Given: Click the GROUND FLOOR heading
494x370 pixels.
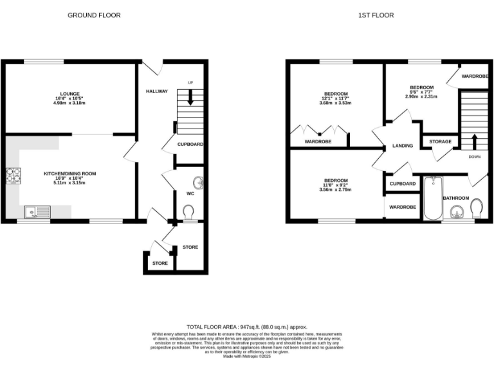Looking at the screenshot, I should click(x=94, y=15).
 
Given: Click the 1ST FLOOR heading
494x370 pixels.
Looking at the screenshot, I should click(x=376, y=15).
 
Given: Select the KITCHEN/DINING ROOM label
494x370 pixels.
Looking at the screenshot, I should click(x=69, y=173).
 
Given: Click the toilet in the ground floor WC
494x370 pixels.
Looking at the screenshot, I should click(x=188, y=212).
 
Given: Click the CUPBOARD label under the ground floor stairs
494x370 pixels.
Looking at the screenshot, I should click(x=190, y=145).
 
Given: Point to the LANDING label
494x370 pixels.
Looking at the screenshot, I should click(x=403, y=146).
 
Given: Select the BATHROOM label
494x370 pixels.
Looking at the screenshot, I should click(x=455, y=198).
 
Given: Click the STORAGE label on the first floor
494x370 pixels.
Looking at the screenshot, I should click(x=441, y=141).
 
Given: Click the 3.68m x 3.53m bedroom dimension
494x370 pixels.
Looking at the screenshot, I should click(x=336, y=103).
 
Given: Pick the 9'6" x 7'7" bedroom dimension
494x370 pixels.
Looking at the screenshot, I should click(x=421, y=92).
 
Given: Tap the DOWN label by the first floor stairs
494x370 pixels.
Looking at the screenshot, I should click(x=474, y=157).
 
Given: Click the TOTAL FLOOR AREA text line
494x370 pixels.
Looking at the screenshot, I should click(x=247, y=326).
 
